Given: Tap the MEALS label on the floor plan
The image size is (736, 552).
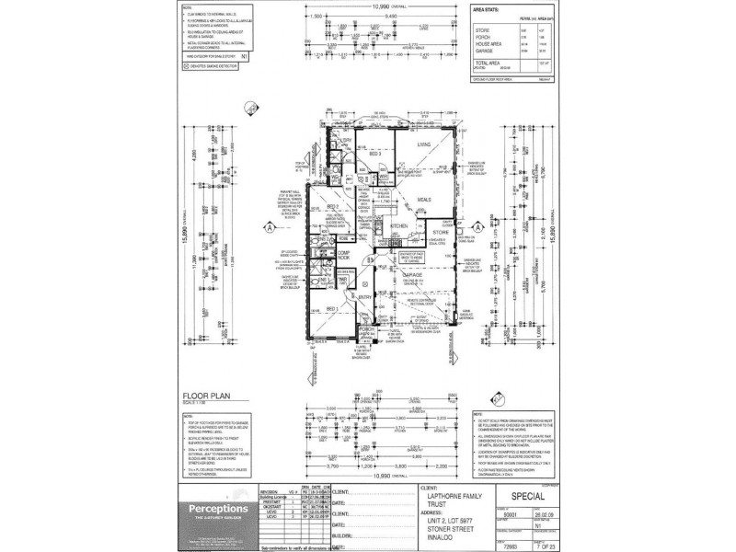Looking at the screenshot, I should (425, 199).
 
